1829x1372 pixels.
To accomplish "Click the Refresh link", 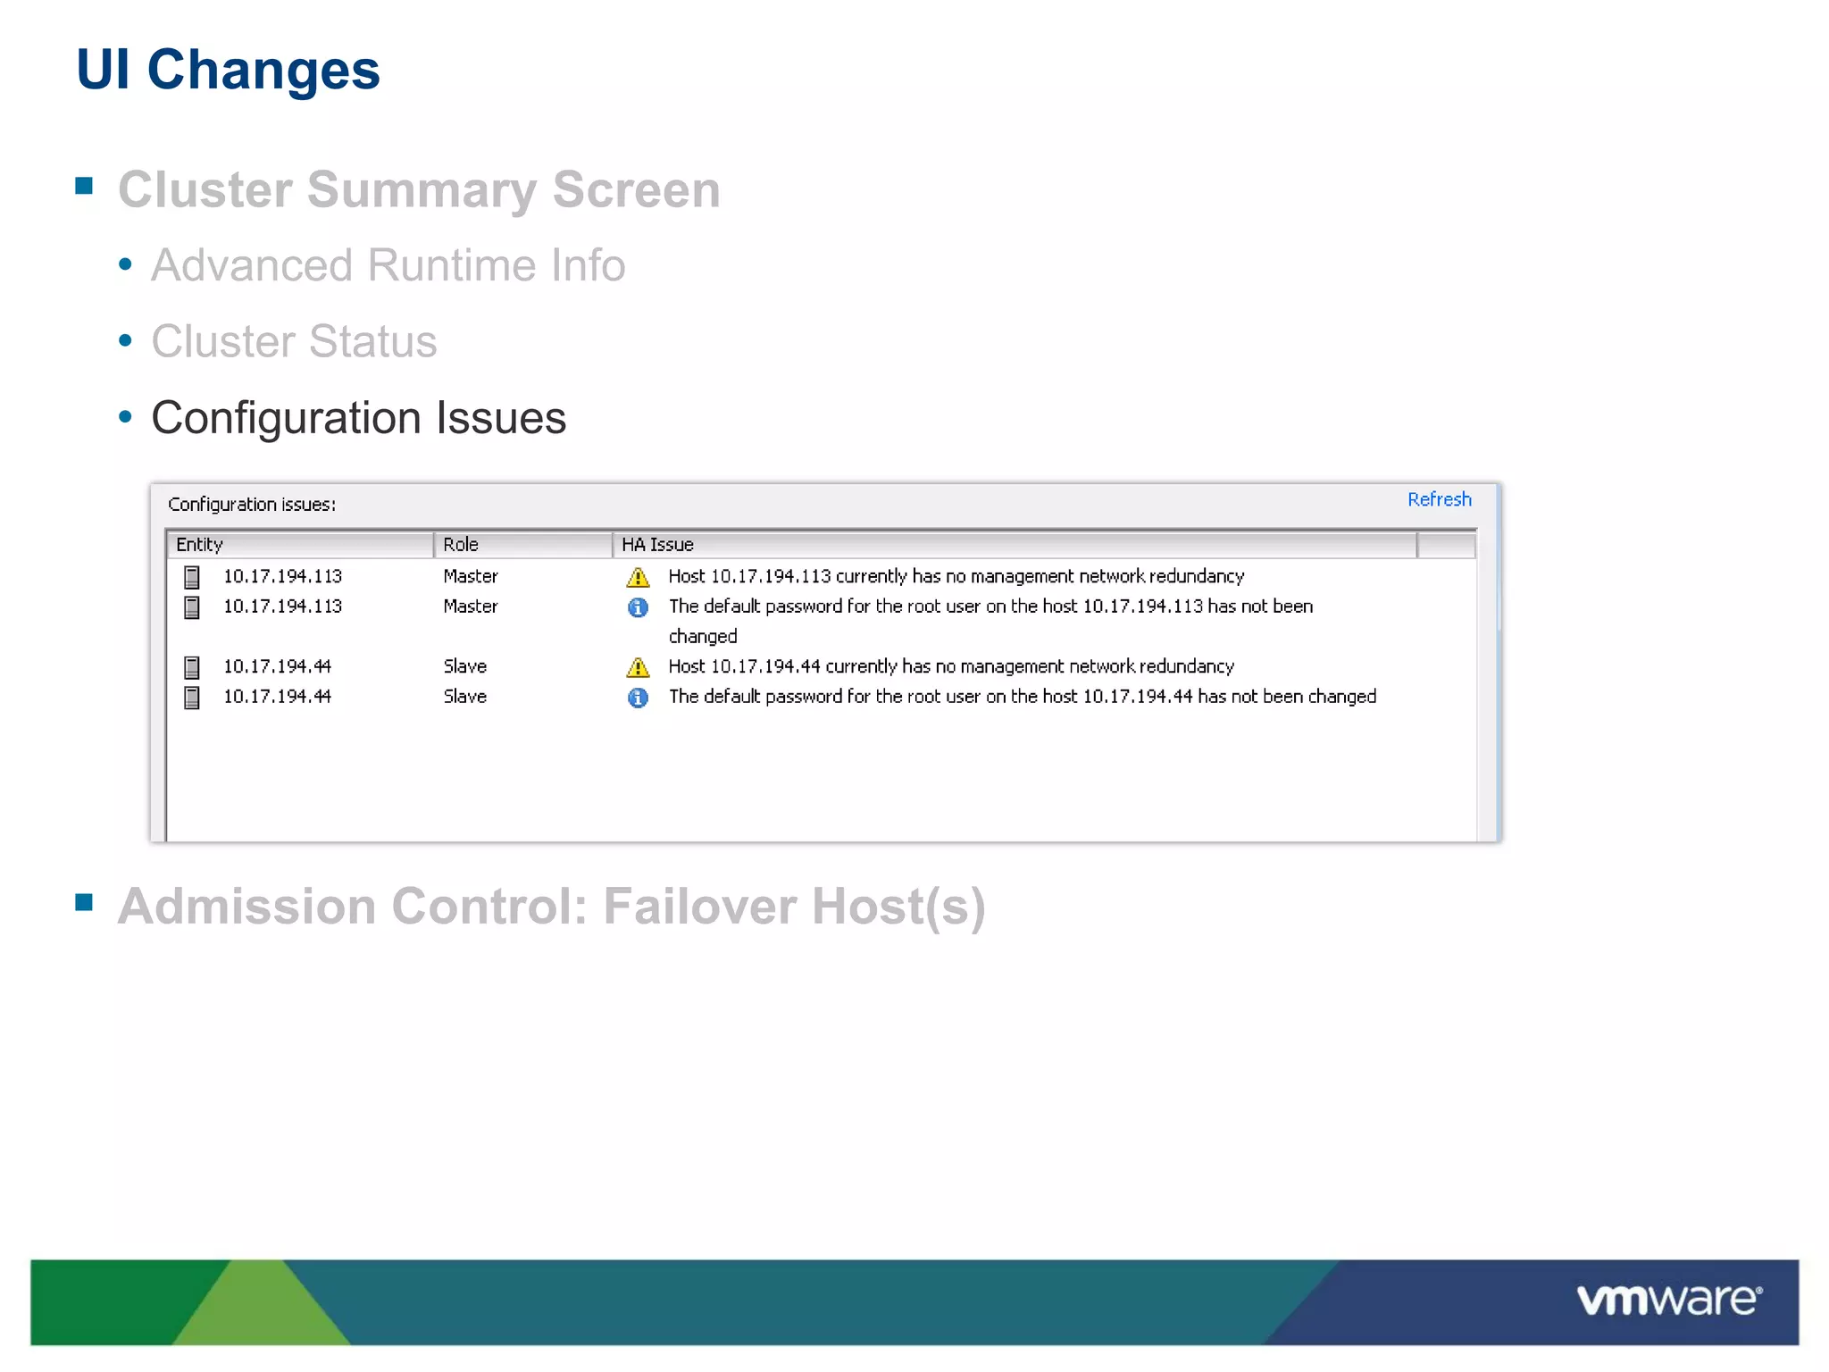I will pos(1439,499).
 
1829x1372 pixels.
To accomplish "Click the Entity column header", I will pos(200,544).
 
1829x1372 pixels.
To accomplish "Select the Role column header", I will pos(461,544).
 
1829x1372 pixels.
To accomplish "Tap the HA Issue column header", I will pos(657,544).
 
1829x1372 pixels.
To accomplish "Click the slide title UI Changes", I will pos(228,70).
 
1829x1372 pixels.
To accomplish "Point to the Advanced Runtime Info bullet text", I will pos(388,265).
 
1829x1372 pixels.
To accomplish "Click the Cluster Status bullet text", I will pos(294,341).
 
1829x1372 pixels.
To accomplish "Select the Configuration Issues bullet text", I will pos(358,418).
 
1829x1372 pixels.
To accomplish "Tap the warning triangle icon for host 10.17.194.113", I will pos(638,577).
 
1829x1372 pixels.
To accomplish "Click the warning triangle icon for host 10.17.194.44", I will pos(638,667).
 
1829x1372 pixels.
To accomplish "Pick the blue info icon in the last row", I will pos(638,698).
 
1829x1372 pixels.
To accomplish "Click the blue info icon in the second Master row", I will pos(638,607).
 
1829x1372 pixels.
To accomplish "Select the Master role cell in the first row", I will pos(471,576).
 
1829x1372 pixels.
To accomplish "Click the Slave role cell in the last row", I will pos(465,697).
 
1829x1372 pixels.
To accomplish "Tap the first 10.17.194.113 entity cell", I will pos(282,576).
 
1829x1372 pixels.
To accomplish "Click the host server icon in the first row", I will pos(192,577).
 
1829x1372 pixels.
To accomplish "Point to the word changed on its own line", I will pos(703,637).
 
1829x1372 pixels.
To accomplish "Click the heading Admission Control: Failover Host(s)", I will pos(551,907).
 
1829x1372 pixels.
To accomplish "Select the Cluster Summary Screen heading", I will pos(419,189).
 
